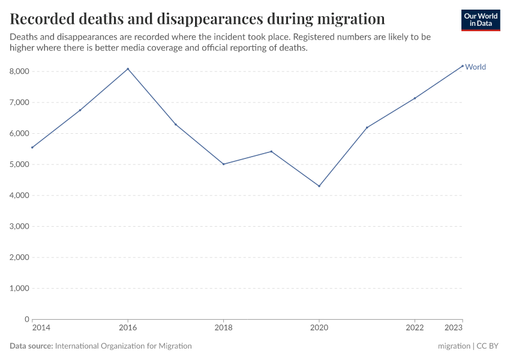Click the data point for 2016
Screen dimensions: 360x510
click(x=128, y=69)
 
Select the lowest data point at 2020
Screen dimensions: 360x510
click(x=319, y=186)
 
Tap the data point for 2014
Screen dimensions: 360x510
click(x=32, y=148)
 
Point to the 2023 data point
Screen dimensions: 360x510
click(x=463, y=66)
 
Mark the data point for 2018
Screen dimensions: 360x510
click(x=224, y=164)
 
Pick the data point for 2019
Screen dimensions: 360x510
click(x=271, y=151)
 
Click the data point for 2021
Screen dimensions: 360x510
click(x=367, y=127)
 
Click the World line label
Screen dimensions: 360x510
click(x=475, y=67)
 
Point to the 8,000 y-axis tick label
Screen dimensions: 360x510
click(x=19, y=71)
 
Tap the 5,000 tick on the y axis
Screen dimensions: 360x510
click(x=19, y=164)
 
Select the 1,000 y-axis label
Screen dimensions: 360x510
click(x=19, y=289)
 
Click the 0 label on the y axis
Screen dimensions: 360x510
click(x=27, y=319)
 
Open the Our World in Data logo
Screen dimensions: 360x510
click(x=480, y=20)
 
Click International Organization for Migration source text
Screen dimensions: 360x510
click(x=123, y=346)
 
